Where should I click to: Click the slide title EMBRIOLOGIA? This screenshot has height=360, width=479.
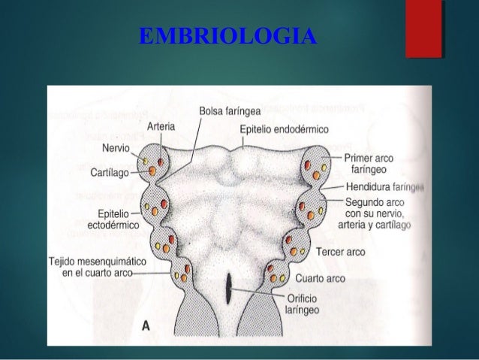tap(228, 36)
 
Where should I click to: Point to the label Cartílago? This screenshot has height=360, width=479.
tap(107, 172)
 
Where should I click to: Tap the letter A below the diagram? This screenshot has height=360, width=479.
tap(148, 325)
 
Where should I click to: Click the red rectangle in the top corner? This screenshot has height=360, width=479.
tap(422, 29)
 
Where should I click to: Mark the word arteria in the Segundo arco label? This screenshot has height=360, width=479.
tap(359, 225)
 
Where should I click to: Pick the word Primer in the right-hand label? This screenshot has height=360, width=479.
tap(360, 159)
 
